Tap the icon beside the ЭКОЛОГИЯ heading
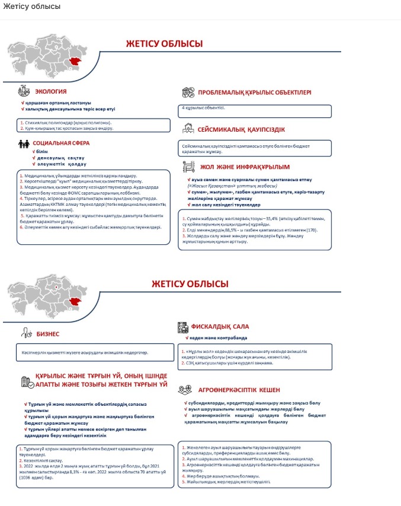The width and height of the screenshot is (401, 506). (x=24, y=91)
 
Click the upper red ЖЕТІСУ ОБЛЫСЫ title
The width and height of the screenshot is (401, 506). (x=164, y=44)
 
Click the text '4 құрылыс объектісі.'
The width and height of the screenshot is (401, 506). (x=203, y=108)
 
